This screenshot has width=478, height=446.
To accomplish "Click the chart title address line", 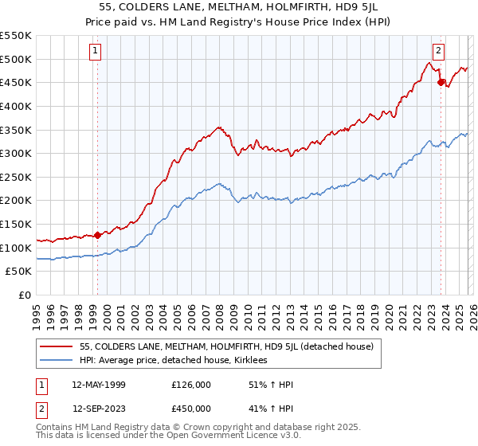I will [239, 7].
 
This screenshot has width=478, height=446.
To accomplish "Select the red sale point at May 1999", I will [97, 235].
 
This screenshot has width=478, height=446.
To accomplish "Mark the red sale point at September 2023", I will [441, 81].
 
